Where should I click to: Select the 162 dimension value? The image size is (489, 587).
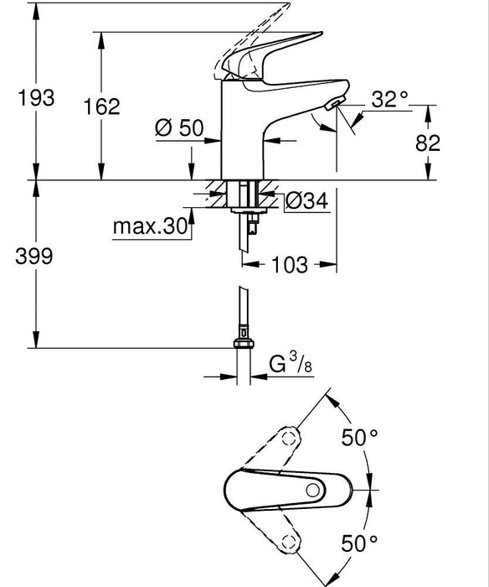point(102,106)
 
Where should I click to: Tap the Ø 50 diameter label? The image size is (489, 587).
point(179,127)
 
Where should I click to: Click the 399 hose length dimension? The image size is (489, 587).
point(35,257)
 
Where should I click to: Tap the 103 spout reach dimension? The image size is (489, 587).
point(289,264)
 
